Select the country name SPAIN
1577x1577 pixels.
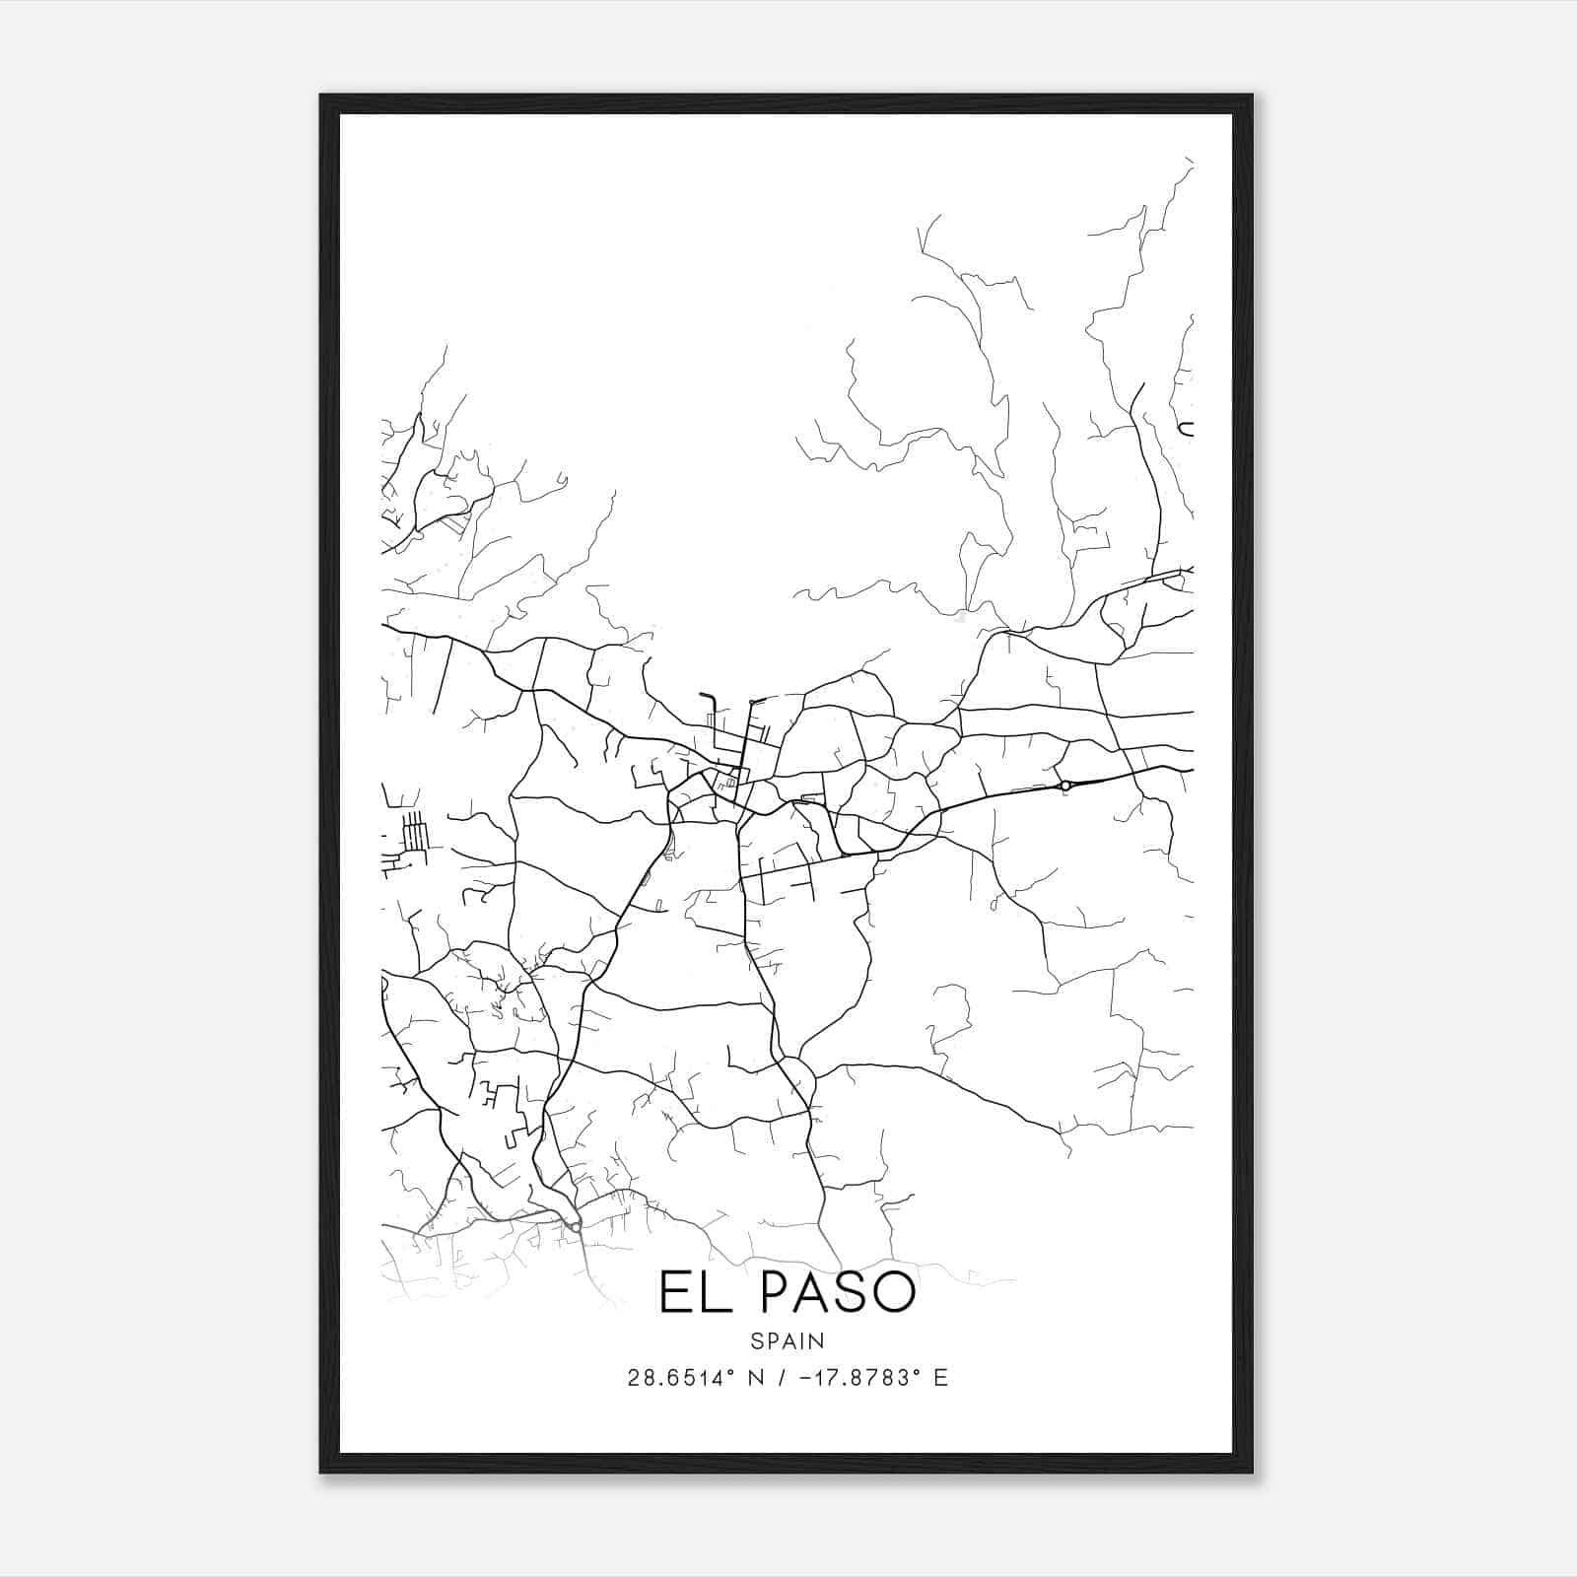point(788,1341)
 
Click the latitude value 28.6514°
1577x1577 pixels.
point(678,1378)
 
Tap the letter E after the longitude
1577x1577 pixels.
point(940,1378)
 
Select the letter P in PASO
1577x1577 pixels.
point(779,1293)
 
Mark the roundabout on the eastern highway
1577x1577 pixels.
point(1064,786)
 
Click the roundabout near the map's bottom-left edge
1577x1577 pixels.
point(574,1226)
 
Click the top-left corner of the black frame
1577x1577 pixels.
point(321,96)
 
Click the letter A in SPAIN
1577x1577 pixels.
point(788,1341)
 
